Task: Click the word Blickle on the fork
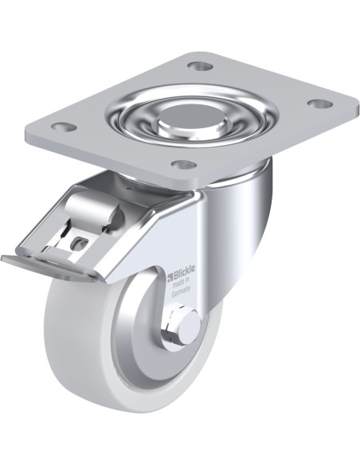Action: pos(184,273)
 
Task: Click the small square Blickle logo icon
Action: pos(170,277)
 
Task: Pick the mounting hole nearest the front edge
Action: pos(184,163)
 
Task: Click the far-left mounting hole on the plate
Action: pos(64,127)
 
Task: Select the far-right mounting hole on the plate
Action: pos(319,104)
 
